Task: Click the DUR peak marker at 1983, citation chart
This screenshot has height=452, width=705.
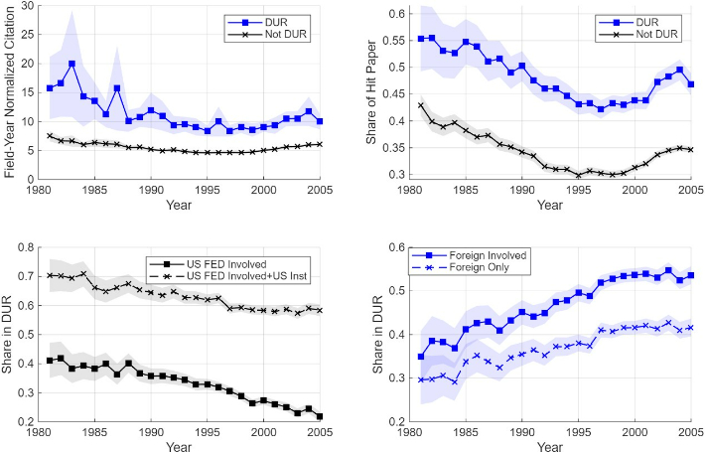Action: (71, 64)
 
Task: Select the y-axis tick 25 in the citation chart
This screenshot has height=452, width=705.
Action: (29, 35)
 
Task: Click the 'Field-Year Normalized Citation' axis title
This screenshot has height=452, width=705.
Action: (10, 92)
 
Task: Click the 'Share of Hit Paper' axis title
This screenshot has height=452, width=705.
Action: (371, 92)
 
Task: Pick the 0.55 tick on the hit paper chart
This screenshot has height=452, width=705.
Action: (394, 41)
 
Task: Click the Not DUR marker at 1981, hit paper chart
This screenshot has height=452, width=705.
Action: (421, 105)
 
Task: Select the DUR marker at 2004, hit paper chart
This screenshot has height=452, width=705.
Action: (680, 70)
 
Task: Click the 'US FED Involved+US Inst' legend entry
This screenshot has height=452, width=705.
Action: (228, 276)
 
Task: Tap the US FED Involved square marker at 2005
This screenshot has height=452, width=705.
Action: (320, 416)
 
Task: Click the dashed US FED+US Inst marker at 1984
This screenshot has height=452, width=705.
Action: (83, 273)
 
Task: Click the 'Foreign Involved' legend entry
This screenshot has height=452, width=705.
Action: (470, 255)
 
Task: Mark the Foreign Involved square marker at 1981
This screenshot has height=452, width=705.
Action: (421, 357)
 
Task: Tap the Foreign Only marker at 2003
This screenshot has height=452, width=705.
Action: (668, 323)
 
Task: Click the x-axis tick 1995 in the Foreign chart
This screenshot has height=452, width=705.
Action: (578, 432)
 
